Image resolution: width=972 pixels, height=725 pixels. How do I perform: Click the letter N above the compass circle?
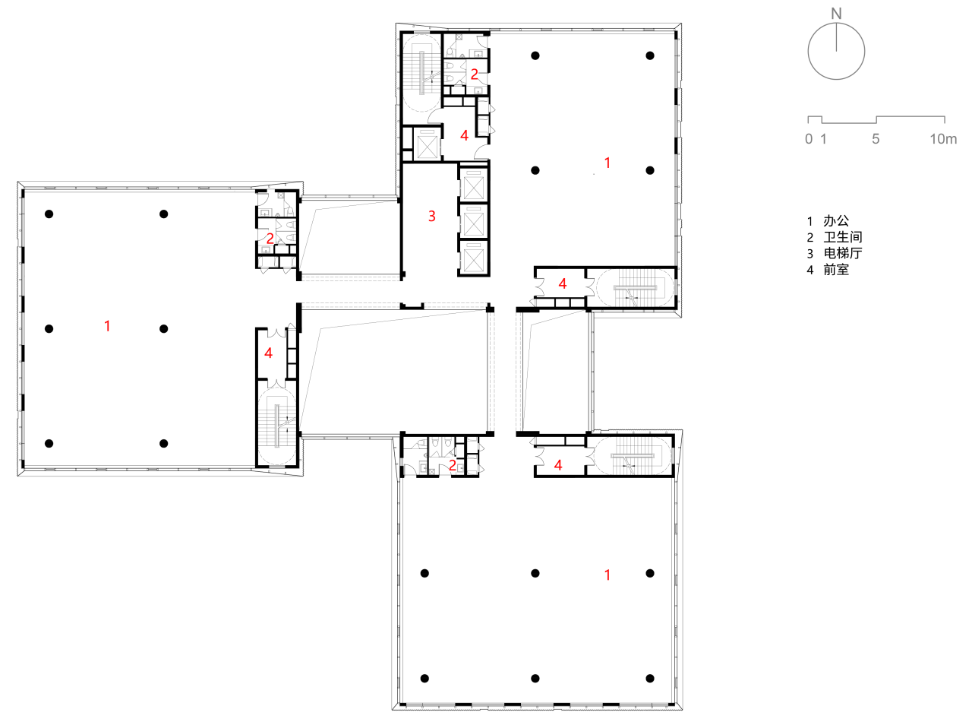click(x=835, y=14)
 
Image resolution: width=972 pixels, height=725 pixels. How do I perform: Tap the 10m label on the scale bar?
click(x=943, y=139)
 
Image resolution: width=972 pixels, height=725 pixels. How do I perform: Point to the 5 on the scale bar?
click(x=876, y=139)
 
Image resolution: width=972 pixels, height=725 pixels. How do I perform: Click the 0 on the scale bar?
click(x=809, y=139)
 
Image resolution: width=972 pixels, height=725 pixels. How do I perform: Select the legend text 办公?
click(x=836, y=220)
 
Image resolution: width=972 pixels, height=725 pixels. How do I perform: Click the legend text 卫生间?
click(x=843, y=237)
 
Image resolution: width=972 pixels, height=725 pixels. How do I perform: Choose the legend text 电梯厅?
click(x=843, y=253)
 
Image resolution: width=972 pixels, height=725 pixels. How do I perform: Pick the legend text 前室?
click(x=836, y=270)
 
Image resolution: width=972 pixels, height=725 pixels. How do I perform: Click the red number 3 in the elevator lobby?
click(x=432, y=216)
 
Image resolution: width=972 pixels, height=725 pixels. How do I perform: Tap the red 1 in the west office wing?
click(x=107, y=326)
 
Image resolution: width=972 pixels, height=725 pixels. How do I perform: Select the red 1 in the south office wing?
click(x=607, y=575)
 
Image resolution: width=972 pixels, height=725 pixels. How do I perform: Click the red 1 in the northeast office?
click(x=607, y=163)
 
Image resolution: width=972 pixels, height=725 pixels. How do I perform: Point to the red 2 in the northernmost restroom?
click(x=475, y=74)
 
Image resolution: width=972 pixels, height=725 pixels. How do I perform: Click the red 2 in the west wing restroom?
click(x=270, y=239)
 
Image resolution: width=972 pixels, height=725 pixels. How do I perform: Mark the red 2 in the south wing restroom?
click(x=452, y=465)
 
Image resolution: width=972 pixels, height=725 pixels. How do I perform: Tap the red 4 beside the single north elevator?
click(x=464, y=135)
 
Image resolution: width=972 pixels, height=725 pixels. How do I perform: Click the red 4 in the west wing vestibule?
click(x=268, y=353)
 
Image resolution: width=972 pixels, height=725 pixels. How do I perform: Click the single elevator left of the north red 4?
click(x=428, y=143)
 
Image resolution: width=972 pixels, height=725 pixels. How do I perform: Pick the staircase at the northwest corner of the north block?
click(x=421, y=73)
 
